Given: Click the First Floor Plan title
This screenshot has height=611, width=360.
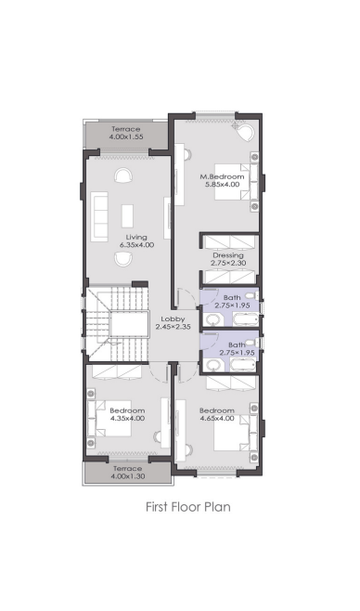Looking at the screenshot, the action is coord(188,507).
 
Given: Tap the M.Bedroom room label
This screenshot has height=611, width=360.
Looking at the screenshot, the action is coord(223,180).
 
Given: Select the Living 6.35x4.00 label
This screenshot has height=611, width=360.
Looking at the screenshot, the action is coord(136,240).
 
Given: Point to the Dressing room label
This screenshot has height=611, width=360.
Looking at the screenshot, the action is coord(228,259).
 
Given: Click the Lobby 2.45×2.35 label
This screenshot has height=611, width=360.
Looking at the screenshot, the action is coord(174,323).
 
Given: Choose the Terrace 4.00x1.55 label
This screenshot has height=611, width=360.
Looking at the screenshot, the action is coord(126,133).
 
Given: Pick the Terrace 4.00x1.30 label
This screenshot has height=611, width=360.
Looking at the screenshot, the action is coord(127,473).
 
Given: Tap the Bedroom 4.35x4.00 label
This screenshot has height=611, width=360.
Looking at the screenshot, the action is coord(127,414).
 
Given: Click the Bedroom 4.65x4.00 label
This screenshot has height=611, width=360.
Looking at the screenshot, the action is coord(217,414).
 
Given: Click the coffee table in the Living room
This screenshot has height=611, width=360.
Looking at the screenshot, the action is coord(127,215).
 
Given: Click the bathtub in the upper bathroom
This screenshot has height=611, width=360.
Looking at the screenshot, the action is coord(245,319).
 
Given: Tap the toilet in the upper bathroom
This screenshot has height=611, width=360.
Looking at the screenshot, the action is coord(251,296).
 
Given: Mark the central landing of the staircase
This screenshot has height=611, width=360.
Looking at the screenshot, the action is coord(129,324).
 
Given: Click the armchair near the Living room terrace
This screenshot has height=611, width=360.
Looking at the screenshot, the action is coord(123,175).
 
